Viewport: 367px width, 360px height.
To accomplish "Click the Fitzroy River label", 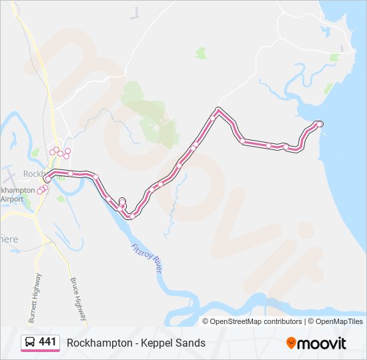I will click(x=147, y=257).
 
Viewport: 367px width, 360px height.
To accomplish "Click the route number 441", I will click(x=47, y=342).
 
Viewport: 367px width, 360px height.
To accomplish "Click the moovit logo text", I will click(x=322, y=343).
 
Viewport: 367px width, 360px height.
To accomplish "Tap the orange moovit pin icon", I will click(x=291, y=343).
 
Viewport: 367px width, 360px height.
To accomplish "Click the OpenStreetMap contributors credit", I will click(x=256, y=321).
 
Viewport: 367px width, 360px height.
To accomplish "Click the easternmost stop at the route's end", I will click(x=320, y=124).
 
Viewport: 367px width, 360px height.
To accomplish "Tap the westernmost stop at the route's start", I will click(x=47, y=180).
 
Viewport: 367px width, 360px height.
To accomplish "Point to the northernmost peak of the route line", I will click(x=218, y=109).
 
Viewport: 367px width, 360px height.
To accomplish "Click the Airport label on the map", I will click(x=12, y=199).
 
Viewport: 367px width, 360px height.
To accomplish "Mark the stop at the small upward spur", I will click(x=122, y=201).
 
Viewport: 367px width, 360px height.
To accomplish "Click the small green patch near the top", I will click(x=201, y=52).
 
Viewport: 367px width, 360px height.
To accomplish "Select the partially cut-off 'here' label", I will click(x=9, y=239).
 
